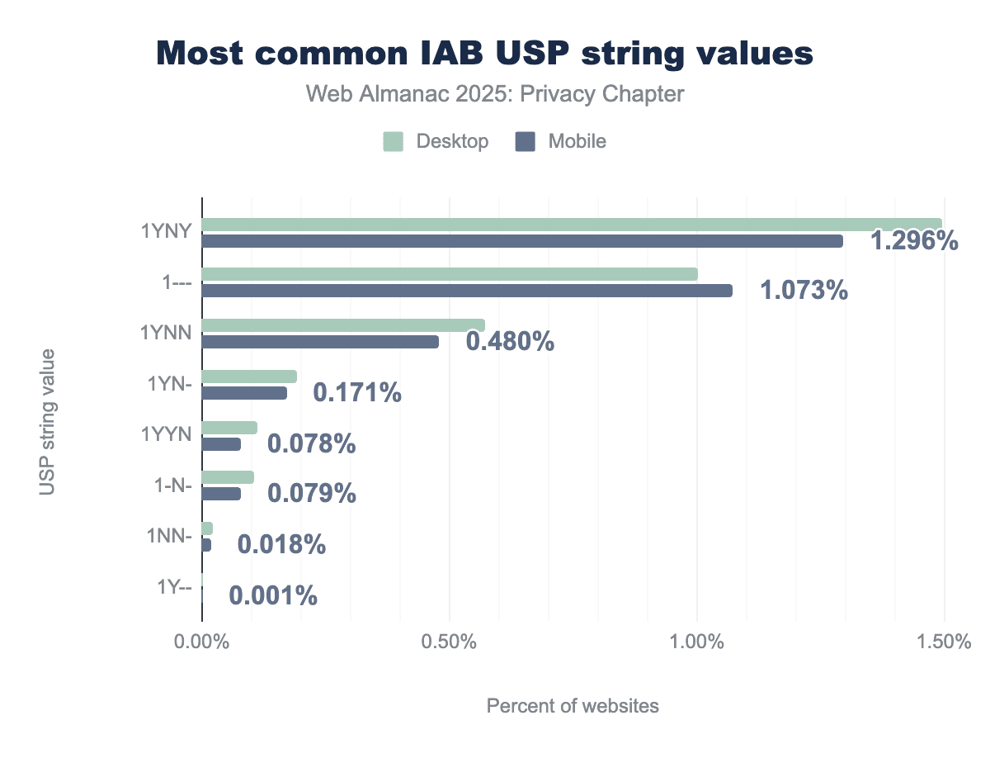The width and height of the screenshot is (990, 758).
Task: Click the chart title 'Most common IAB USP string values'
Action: tap(485, 54)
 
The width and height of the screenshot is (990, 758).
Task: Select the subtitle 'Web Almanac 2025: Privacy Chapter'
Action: tap(495, 94)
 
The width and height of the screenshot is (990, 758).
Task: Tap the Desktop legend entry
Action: tap(436, 141)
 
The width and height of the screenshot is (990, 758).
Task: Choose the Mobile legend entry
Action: tap(561, 141)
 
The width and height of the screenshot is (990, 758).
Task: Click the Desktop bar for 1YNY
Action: tap(571, 224)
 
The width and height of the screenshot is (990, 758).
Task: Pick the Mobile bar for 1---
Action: tap(467, 291)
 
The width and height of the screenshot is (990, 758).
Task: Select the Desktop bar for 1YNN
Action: tap(343, 325)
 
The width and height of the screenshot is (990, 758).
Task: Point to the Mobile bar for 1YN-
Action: tap(244, 393)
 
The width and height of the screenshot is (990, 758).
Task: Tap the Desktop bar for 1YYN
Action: tap(229, 428)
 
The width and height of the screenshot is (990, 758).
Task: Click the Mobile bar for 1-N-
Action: tap(221, 494)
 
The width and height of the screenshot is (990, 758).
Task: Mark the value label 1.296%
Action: tap(915, 240)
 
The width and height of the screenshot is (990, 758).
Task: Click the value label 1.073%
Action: tap(804, 291)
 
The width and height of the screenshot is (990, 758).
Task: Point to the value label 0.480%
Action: tap(510, 341)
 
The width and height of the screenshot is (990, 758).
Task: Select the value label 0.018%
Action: tap(281, 545)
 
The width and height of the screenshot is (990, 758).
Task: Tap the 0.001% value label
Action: tap(273, 595)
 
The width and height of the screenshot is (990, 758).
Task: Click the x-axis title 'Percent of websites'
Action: tap(573, 706)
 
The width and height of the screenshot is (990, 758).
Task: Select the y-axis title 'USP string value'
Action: tap(47, 422)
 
